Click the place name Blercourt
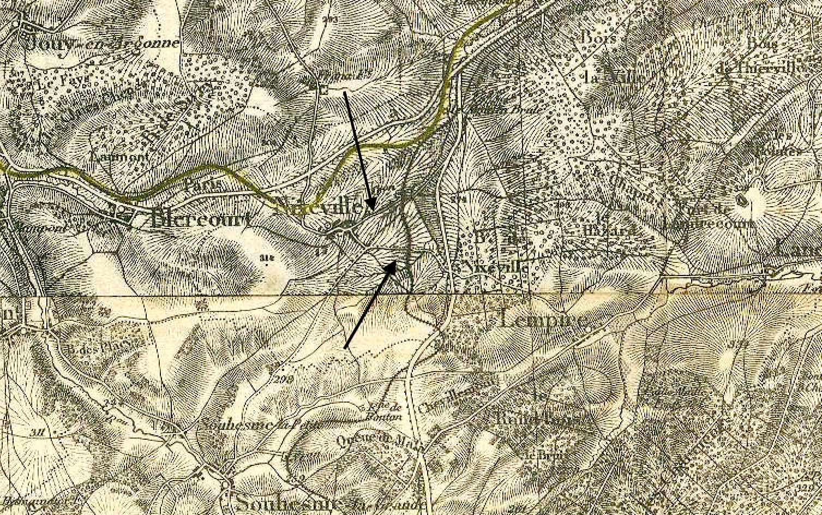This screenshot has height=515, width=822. click(x=200, y=219)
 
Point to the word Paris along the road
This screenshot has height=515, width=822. click(x=202, y=184)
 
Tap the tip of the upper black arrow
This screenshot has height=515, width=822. click(x=372, y=209)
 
